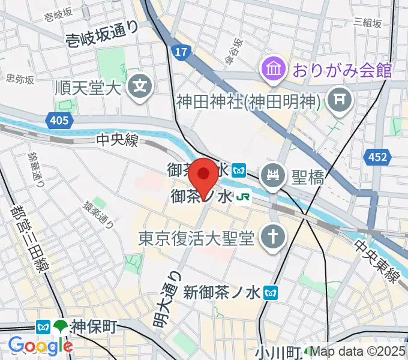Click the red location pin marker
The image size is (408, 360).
pos(204,175)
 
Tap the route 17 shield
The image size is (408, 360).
pos(179,52)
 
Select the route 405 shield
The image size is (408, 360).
pos(59,121)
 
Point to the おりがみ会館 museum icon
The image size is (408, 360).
pos(272,70)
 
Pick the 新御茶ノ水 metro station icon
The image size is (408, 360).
pos(273,292)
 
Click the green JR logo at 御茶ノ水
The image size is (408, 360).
pos(242,196)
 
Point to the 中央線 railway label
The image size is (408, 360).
pos(118,140)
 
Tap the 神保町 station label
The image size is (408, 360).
pos(92,327)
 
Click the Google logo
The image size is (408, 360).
pos(40,345)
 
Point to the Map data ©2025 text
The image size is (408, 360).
pos(358,352)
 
